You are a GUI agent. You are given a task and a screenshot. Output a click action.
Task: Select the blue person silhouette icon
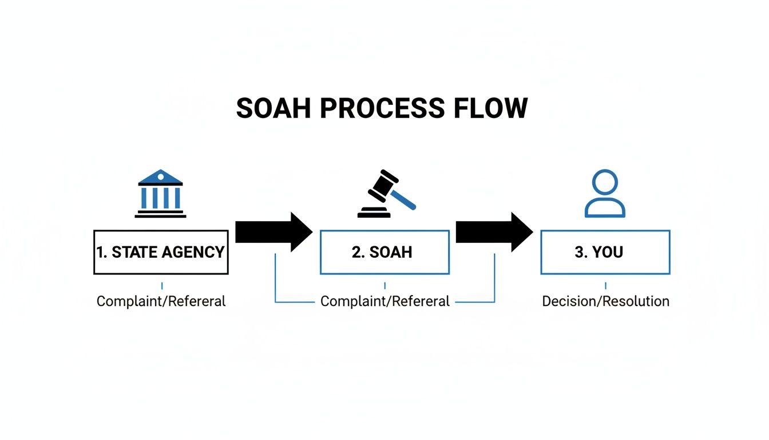[x=605, y=194]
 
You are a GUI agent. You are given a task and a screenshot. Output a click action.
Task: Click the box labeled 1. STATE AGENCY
[x=161, y=252]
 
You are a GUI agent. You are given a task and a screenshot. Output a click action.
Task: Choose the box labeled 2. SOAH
[x=384, y=252]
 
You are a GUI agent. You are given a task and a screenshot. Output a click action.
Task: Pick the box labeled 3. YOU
[x=605, y=252]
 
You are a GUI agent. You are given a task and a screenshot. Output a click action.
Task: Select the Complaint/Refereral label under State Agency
[x=161, y=301]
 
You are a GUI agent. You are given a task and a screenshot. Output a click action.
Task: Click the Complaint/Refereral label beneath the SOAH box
[x=384, y=301]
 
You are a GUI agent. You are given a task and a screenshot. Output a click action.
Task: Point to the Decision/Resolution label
[x=605, y=301]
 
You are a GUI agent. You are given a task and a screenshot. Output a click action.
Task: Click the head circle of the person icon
[x=605, y=182]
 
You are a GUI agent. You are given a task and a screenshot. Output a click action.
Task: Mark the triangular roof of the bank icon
[x=161, y=176]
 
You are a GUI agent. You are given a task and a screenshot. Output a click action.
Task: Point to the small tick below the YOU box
[x=605, y=285]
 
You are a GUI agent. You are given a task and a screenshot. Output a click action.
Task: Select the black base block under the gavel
[x=374, y=213]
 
